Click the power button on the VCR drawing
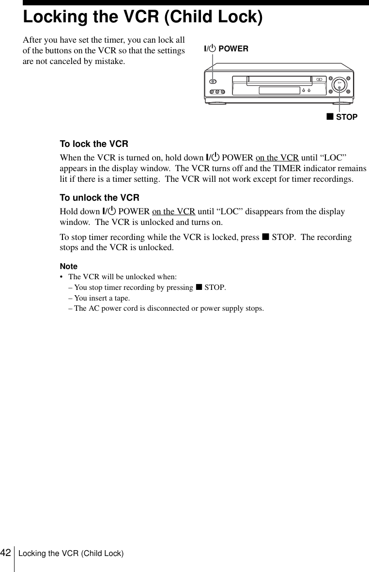click(214, 81)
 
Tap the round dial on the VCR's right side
click(340, 85)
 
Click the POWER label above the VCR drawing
click(226, 48)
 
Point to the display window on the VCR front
click(279, 90)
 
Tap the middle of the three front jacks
click(217, 92)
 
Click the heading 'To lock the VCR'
click(93, 144)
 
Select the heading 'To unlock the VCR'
click(99, 198)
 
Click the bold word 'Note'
click(68, 267)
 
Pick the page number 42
click(6, 553)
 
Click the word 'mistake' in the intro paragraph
click(110, 62)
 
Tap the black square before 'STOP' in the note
click(199, 287)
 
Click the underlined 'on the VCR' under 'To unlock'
click(173, 212)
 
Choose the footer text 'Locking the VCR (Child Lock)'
click(71, 554)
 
